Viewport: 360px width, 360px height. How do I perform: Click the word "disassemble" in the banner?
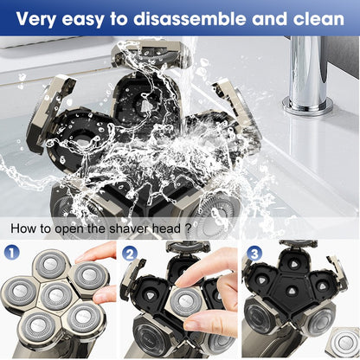click(190, 18)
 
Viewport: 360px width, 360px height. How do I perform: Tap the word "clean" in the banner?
click(318, 18)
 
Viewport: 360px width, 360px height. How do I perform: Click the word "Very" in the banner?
click(36, 19)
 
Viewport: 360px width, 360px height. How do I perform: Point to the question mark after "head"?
click(188, 228)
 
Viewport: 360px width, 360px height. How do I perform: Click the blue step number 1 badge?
click(11, 254)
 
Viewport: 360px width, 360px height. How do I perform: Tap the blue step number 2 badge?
click(130, 254)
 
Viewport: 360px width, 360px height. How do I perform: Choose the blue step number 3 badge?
click(254, 254)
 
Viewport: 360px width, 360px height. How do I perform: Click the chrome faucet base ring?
click(307, 106)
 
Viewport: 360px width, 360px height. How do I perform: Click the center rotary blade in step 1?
click(56, 296)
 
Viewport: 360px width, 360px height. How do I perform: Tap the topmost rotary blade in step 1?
click(52, 265)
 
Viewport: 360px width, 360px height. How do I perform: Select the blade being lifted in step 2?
click(183, 302)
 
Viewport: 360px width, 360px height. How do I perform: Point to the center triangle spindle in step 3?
click(291, 290)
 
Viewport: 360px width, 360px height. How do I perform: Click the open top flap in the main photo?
click(150, 54)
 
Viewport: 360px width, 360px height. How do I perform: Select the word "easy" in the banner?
click(83, 20)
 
